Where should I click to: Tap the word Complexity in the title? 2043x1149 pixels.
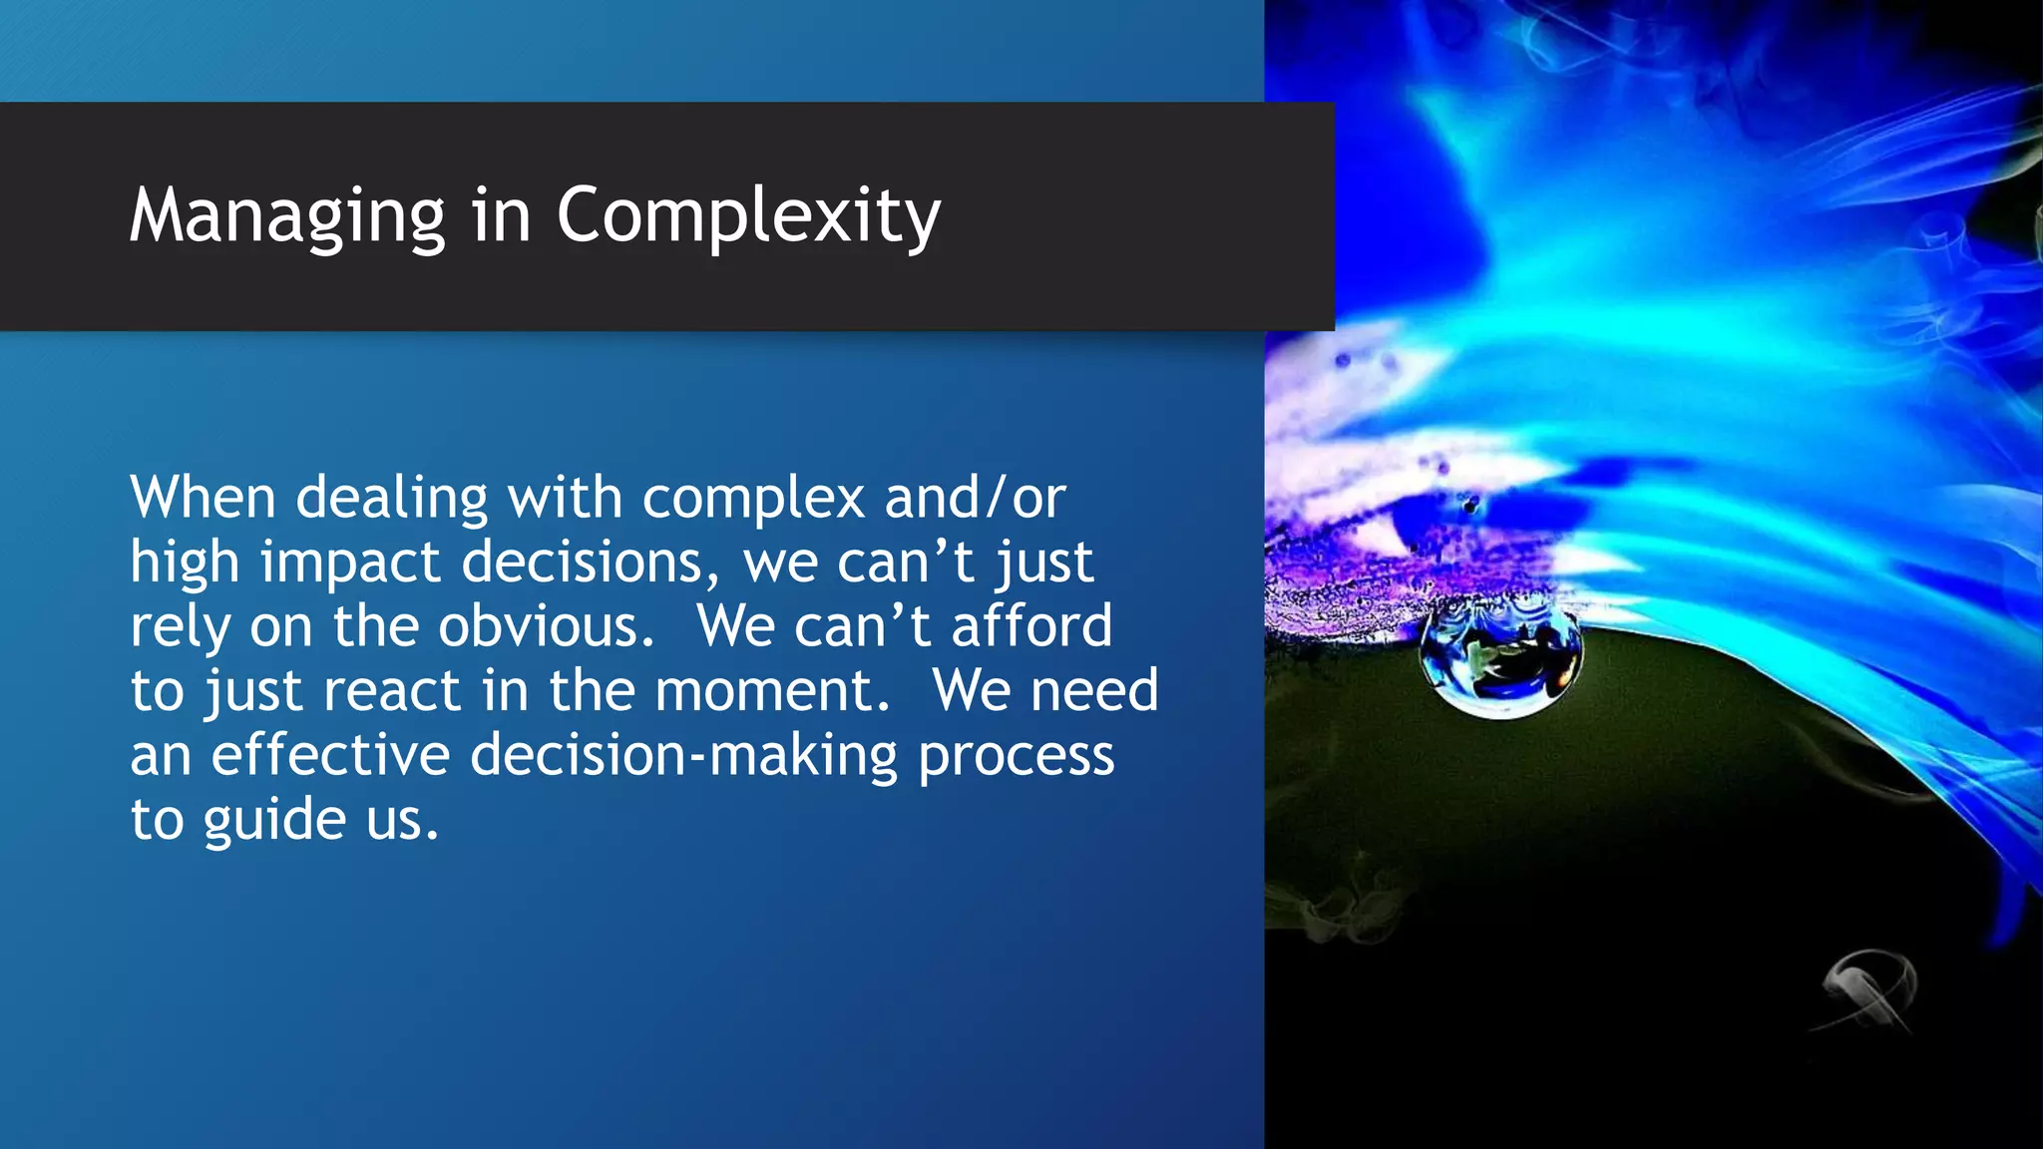pyautogui.click(x=748, y=216)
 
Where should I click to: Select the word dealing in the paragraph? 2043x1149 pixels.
pyautogui.click(x=392, y=498)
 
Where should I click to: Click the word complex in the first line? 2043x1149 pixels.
pyautogui.click(x=753, y=498)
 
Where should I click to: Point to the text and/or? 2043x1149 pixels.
pyautogui.click(x=975, y=498)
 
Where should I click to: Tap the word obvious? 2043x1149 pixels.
pyautogui.click(x=546, y=626)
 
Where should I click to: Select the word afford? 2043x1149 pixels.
pyautogui.click(x=1031, y=626)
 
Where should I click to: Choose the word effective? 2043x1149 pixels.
pyautogui.click(x=330, y=755)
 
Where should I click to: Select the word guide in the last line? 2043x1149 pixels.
pyautogui.click(x=275, y=820)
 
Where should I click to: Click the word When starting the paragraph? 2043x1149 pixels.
pyautogui.click(x=203, y=498)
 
